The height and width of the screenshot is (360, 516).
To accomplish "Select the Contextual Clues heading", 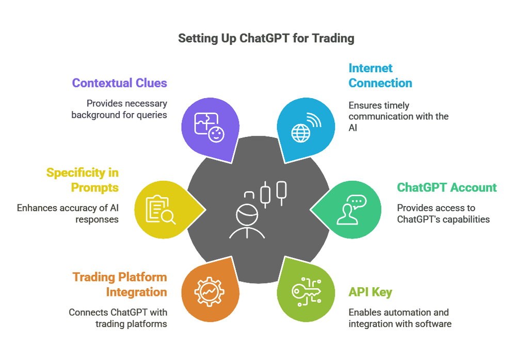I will pos(119,83).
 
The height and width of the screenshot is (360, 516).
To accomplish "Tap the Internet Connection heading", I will pos(380,75).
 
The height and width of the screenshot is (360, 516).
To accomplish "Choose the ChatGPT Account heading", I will pos(446,187).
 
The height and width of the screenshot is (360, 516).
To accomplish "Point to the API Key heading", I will pos(370,292).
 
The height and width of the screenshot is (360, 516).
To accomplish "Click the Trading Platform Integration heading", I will pos(120,285).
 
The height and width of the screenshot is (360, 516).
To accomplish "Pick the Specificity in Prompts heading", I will pos(83,180).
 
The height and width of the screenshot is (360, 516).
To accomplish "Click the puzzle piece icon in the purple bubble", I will pos(209,127).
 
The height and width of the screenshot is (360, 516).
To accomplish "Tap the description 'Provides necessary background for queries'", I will pos(119,108).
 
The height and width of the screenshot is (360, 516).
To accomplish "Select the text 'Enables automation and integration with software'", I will pos(400,318).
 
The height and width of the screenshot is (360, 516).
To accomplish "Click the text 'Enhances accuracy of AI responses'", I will pos(68,213).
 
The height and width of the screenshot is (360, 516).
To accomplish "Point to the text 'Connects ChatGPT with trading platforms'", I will pos(118,318).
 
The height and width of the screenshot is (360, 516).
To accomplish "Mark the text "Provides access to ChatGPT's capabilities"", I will pos(443,213).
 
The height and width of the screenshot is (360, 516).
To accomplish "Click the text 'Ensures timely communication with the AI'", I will pos(398,116).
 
